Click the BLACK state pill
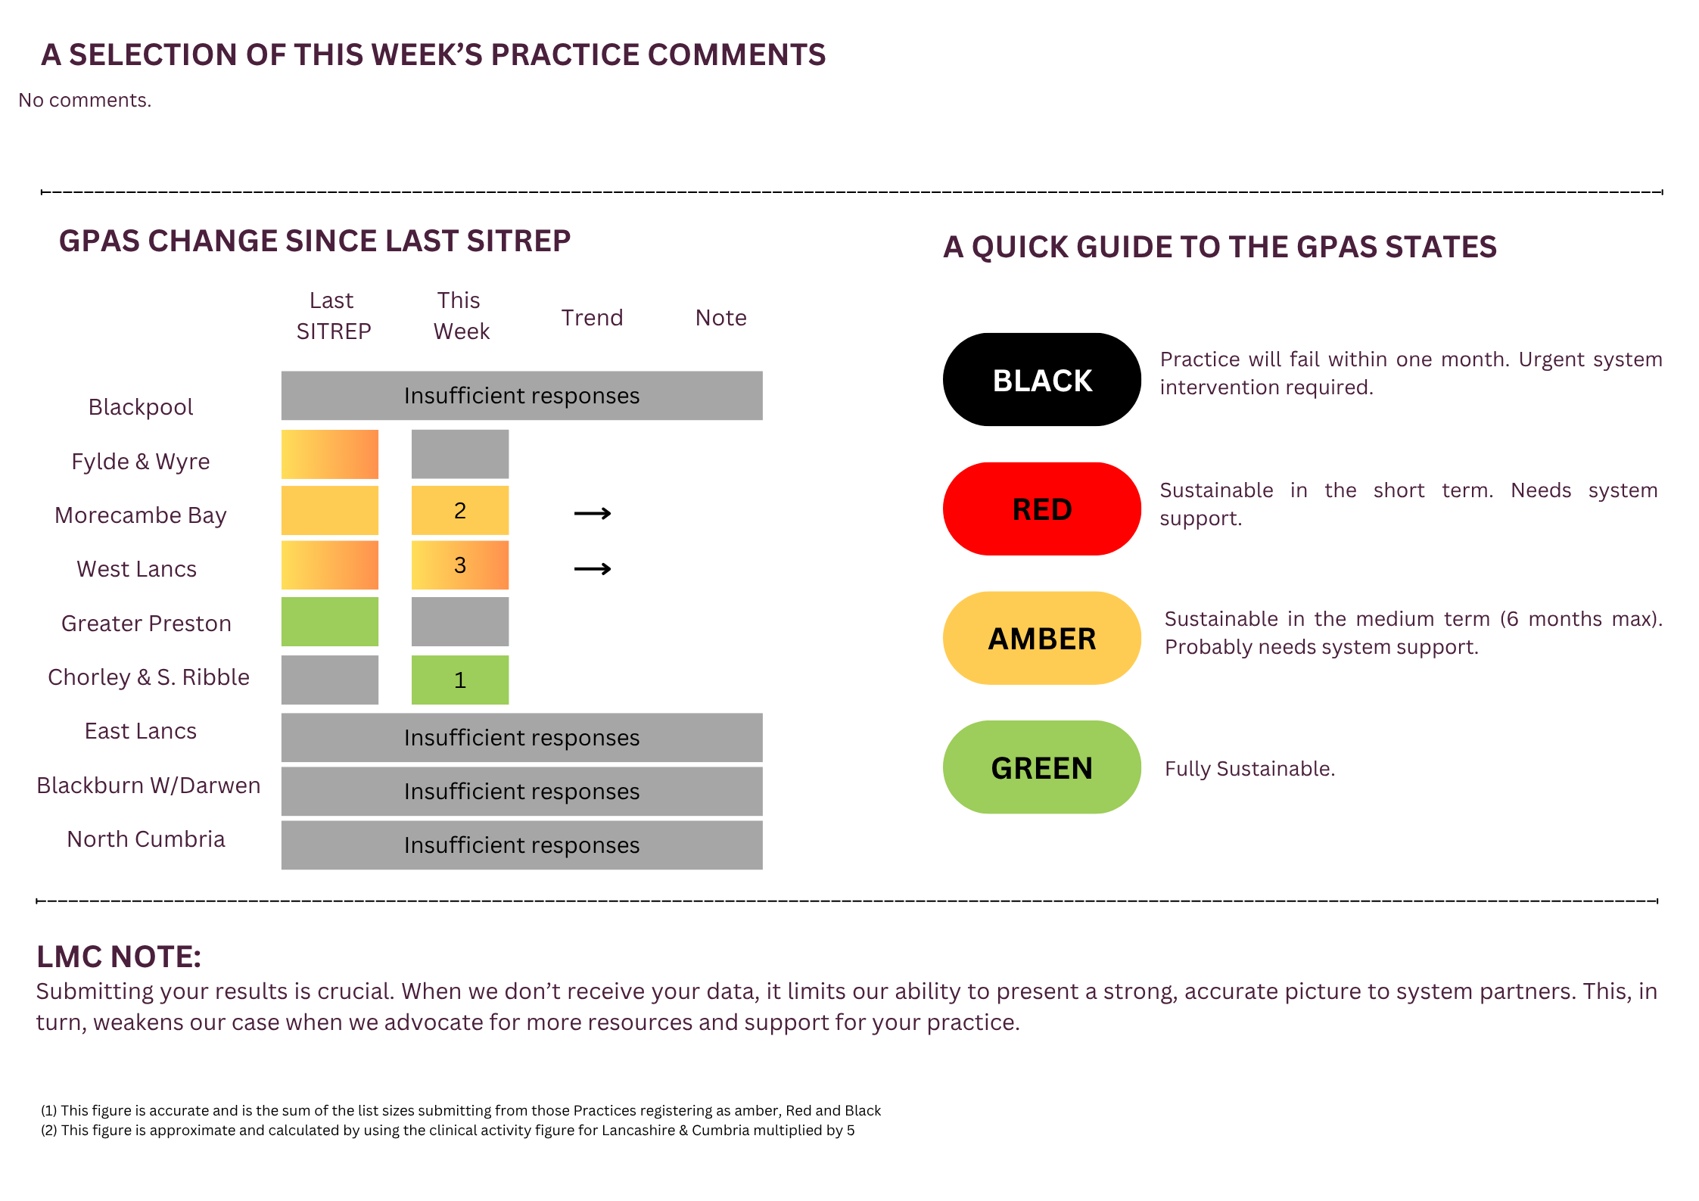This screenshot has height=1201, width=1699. (x=1041, y=379)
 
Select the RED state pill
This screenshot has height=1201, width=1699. (x=1041, y=509)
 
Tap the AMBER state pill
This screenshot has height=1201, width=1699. (x=1041, y=638)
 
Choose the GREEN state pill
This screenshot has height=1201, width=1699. (x=1041, y=767)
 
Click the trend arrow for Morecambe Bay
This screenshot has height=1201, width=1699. (x=593, y=514)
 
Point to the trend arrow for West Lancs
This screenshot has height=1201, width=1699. (x=593, y=568)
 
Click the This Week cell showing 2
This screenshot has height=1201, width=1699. (x=460, y=510)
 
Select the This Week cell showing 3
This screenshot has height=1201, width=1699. (x=460, y=565)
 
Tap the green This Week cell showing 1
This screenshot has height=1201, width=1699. (x=460, y=680)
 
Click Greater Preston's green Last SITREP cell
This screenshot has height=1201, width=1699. (x=330, y=621)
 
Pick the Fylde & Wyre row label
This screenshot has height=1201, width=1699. (x=141, y=462)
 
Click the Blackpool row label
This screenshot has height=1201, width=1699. (x=141, y=407)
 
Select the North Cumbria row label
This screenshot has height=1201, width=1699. (x=146, y=839)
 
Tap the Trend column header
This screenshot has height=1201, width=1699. (x=592, y=318)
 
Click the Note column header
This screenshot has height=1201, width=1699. (x=720, y=318)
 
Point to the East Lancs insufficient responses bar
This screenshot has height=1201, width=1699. (x=522, y=737)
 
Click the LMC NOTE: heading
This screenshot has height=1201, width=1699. (x=119, y=957)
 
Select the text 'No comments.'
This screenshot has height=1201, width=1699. (x=85, y=100)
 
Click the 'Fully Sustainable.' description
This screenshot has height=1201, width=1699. (x=1249, y=769)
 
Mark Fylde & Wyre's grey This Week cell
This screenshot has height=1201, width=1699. (x=460, y=454)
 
